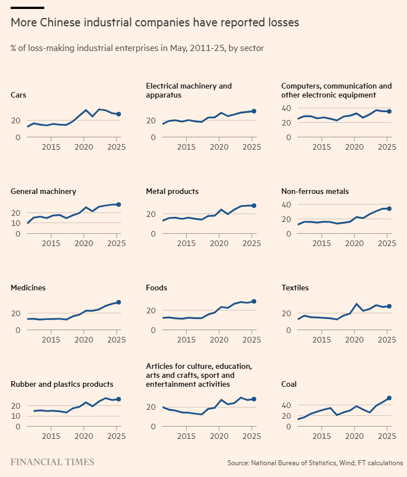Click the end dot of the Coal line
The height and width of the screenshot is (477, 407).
pos(389,398)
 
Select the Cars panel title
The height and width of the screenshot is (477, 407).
pos(18,95)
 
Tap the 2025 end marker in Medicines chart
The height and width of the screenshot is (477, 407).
pos(118,302)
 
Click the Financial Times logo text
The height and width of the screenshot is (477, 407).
pos(52,462)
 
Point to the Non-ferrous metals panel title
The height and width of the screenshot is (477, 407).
pos(314,191)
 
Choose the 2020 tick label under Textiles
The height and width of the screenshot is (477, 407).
pos(354,341)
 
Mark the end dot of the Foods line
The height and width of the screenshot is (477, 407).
pos(254,302)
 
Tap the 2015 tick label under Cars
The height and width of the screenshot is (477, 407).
pos(51,147)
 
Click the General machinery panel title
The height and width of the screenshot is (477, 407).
pos(43,191)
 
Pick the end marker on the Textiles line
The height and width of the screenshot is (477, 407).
pos(389,306)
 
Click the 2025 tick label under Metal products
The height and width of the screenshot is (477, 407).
pos(252,244)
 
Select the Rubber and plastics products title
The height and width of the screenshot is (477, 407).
pos(62,384)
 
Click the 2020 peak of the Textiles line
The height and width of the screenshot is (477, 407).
pos(354,304)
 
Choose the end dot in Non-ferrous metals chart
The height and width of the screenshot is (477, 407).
pos(389,209)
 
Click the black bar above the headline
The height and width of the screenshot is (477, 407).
pos(27,8)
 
